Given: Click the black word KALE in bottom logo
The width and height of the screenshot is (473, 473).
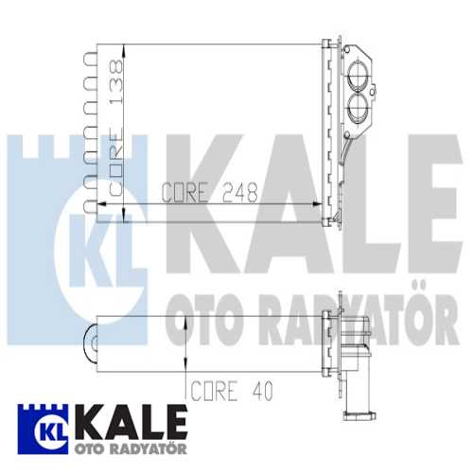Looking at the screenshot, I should coord(124,418).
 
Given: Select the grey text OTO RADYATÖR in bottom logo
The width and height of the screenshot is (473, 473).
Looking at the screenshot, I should coord(124,444).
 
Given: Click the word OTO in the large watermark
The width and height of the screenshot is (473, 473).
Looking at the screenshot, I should coord(200,323).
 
